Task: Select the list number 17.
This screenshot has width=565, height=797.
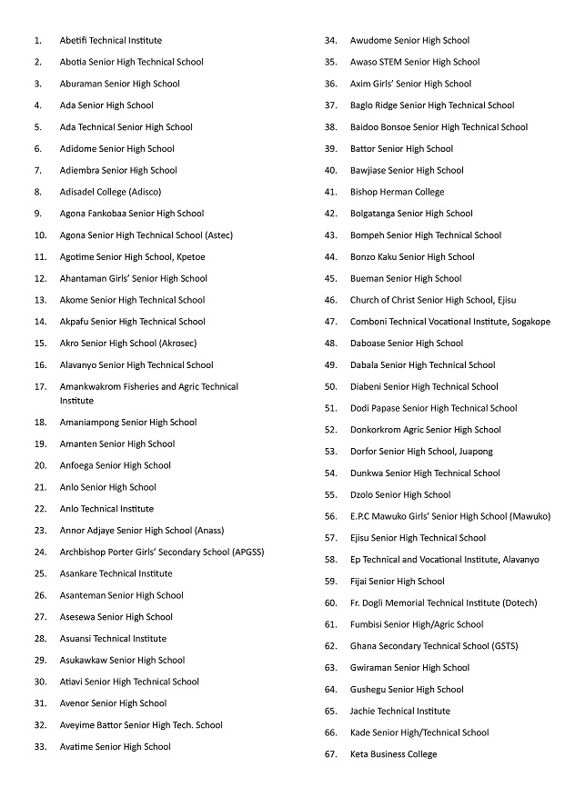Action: [x=40, y=386]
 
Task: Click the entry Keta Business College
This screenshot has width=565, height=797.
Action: [x=393, y=754]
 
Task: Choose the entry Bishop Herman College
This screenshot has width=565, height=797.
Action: [x=397, y=192]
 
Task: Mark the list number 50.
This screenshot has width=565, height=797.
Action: [x=331, y=386]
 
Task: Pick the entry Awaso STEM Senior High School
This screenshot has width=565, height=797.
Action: [x=414, y=63]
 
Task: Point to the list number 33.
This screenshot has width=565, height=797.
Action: [x=40, y=747]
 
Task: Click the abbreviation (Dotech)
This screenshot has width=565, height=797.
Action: [x=520, y=603]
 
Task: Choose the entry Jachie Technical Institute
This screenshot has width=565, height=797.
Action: [x=399, y=711]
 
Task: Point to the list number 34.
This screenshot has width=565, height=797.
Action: [x=331, y=41]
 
